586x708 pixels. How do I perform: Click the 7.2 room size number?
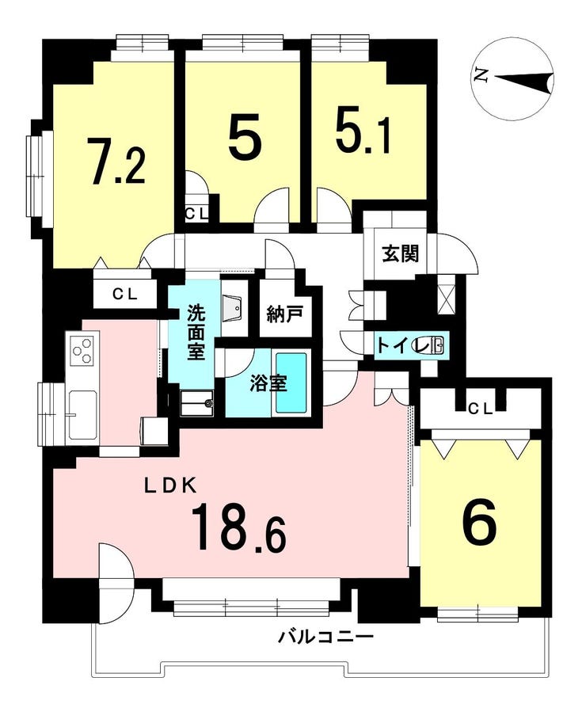[x=117, y=162]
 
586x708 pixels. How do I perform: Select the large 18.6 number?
[x=239, y=528]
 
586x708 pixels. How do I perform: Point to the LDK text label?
[x=169, y=486]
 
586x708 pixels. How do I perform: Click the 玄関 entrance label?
[x=401, y=253]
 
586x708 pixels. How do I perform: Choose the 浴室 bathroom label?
[x=268, y=384]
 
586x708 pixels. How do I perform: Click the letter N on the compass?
[x=481, y=75]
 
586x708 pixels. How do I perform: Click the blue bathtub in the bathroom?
[x=291, y=382]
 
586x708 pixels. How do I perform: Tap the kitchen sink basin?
[x=83, y=413]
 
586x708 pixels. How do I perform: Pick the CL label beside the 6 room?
[x=480, y=409]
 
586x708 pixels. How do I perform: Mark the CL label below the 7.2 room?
[x=125, y=295]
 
